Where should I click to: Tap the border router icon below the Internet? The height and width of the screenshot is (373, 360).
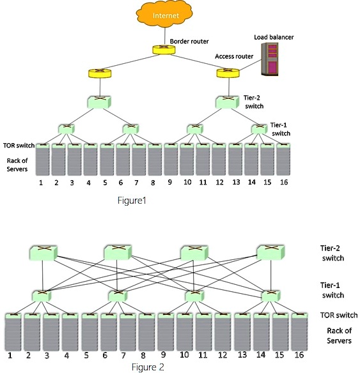159,50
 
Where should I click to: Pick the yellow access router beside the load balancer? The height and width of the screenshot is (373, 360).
226,73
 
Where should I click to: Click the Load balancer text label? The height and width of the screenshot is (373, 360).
273,36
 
